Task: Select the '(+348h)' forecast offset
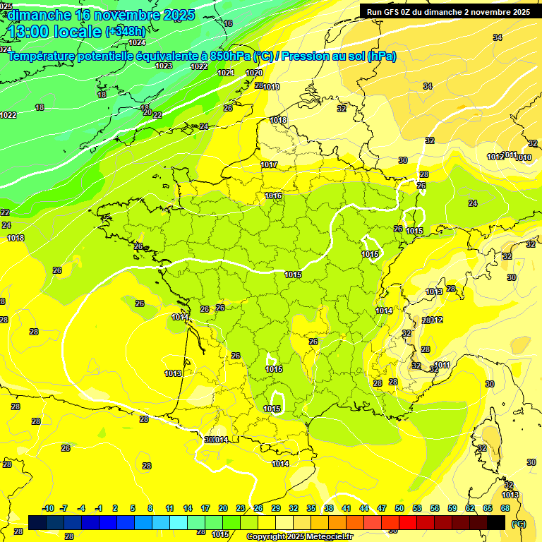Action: tap(126, 32)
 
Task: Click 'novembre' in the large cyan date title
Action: tap(126, 15)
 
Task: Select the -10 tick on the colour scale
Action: tap(48, 509)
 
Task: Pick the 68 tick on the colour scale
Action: tap(505, 509)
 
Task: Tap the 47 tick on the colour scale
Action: tap(382, 509)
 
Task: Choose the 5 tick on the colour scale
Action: tap(133, 509)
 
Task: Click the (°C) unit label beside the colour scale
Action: tap(519, 524)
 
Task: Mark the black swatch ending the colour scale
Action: tap(496, 522)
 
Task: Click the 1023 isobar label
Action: tap(164, 66)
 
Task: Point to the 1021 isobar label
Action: tap(226, 73)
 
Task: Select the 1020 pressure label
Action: tap(254, 73)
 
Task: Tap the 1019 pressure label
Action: tap(271, 87)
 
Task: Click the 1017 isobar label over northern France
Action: tap(269, 164)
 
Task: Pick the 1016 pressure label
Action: tap(274, 195)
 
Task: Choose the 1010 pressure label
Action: tap(524, 157)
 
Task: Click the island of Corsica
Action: tap(486, 441)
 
